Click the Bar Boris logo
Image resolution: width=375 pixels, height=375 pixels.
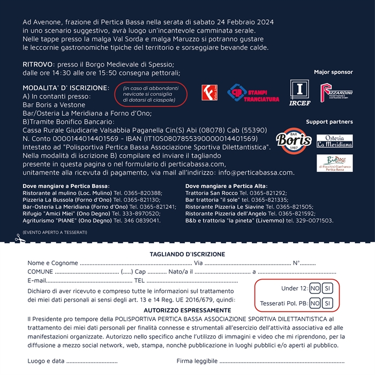coord(294,140)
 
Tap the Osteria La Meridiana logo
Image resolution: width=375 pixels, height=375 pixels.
coord(335,141)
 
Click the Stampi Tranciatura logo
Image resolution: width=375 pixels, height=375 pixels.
coord(253,93)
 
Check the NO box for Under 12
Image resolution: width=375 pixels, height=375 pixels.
coord(315,288)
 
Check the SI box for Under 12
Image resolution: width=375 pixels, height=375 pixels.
coord(328,288)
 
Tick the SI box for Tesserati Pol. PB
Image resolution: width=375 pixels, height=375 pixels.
coord(328,303)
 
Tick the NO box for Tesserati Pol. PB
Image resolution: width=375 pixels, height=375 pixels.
coord(315,303)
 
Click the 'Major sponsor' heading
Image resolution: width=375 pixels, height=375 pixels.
coord(333,72)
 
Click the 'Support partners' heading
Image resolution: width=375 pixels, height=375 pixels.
coord(329,122)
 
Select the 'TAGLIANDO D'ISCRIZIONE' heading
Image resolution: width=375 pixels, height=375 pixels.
coord(187,254)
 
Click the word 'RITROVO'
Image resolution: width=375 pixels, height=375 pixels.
coord(38,64)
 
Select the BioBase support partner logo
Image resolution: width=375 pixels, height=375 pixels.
coord(335,163)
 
